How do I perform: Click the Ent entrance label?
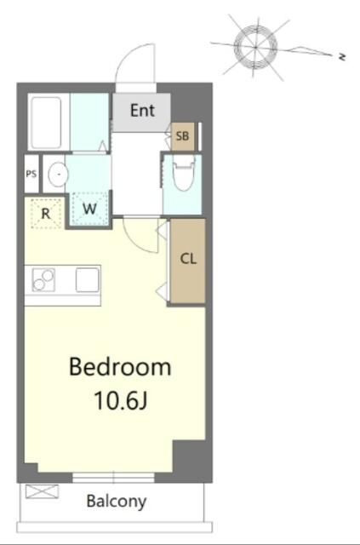point(142,111)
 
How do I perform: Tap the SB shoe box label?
point(182,136)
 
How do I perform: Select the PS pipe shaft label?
point(31,174)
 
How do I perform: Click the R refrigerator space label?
point(46,214)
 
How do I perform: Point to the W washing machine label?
point(89,209)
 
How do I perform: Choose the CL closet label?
point(188,259)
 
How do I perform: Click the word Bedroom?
point(120,367)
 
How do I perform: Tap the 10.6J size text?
point(121,400)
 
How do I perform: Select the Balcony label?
point(117,502)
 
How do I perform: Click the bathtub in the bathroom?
point(47,123)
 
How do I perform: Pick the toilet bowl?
point(184,173)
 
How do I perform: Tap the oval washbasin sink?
point(58,174)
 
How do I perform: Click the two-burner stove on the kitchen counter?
point(43,280)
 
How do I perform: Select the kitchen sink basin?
point(88,280)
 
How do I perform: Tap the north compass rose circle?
point(255,47)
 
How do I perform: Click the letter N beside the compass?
point(342,57)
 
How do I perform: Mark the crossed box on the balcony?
point(42,491)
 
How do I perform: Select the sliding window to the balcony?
point(113,477)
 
